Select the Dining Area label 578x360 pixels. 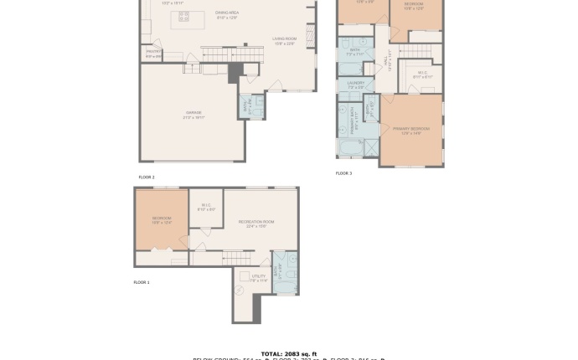pos(228,14)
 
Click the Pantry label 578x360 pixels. pos(153,54)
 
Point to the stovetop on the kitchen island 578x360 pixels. pos(183,17)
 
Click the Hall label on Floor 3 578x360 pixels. pos(387,63)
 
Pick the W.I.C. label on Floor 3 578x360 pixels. pos(423,75)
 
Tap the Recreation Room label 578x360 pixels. pos(256,223)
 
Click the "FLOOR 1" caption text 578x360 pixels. pos(142,282)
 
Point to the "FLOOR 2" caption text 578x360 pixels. pos(147,177)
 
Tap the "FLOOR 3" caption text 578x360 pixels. pos(343,173)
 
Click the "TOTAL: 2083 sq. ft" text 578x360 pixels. pos(289,353)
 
